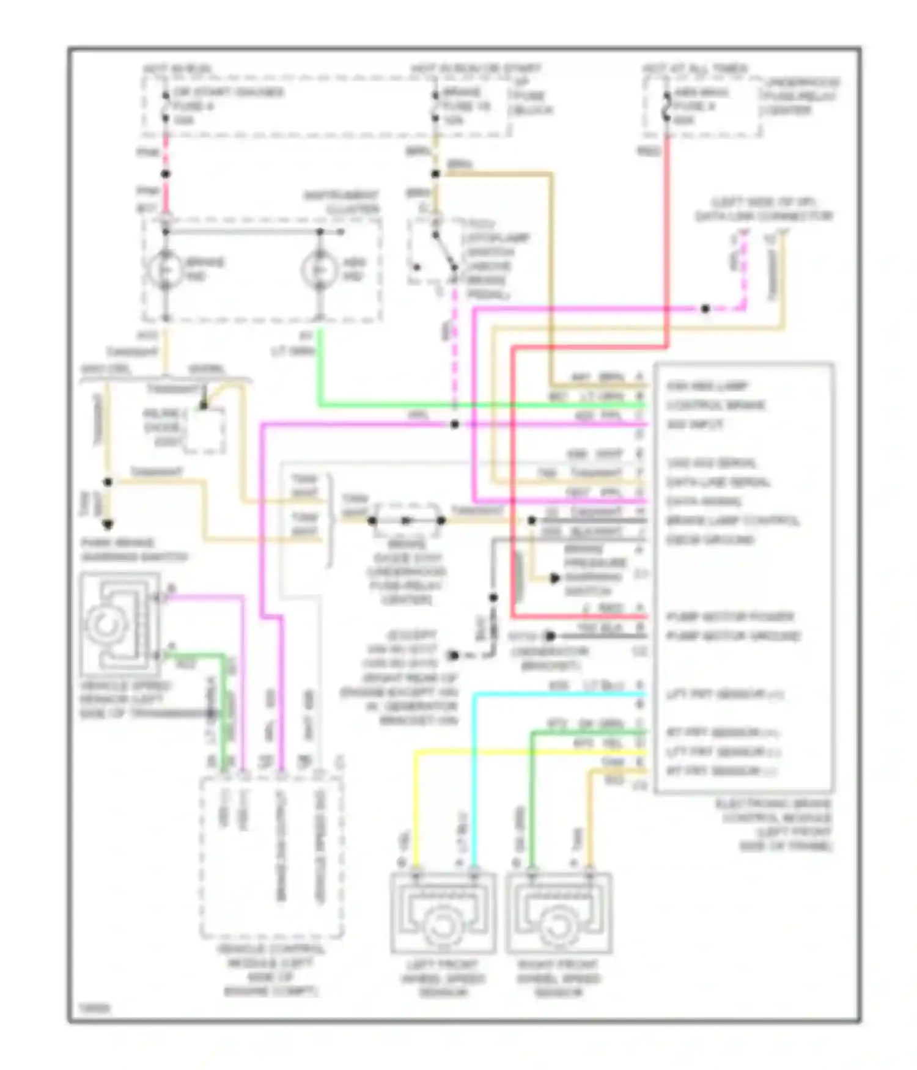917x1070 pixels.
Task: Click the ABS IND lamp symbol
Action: (x=319, y=269)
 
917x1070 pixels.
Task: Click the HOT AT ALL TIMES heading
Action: (x=694, y=68)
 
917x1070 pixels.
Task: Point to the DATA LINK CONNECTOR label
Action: (x=764, y=209)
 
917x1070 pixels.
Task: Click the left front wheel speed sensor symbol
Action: (x=443, y=914)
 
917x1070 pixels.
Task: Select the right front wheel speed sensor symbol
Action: (x=558, y=914)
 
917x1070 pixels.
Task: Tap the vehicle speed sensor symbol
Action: (x=119, y=623)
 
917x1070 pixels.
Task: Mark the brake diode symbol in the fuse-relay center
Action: (x=407, y=521)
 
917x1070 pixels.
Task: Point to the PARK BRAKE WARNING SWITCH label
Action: (x=133, y=549)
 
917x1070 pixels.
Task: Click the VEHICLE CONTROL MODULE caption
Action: (x=270, y=970)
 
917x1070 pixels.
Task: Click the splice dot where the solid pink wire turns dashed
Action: (x=705, y=309)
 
